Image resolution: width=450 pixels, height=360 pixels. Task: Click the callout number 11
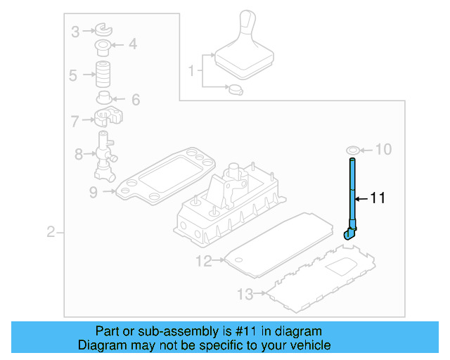tap(378, 199)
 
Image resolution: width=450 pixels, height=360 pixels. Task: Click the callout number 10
tap(383, 149)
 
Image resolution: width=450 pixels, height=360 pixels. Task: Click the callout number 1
tap(191, 70)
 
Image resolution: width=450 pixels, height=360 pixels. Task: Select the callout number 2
tap(51, 232)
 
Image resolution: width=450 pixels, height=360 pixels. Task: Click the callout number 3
tap(75, 30)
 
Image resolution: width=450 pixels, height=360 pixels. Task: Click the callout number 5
tap(73, 75)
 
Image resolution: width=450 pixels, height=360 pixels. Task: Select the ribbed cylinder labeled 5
tap(105, 74)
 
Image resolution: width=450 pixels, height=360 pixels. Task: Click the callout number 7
tap(75, 121)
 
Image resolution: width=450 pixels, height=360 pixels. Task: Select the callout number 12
tap(203, 262)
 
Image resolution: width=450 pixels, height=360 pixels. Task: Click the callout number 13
tap(243, 294)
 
